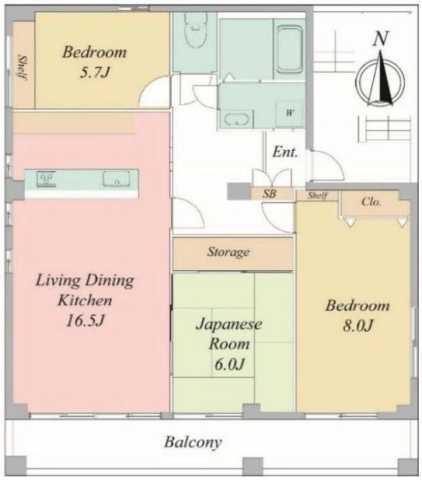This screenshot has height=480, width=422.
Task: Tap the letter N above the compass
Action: click(380, 39)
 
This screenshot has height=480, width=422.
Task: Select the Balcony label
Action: click(193, 441)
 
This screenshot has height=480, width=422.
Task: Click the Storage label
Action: click(228, 252)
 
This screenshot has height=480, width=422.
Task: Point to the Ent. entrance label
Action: click(284, 153)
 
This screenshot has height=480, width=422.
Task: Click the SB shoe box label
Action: click(269, 195)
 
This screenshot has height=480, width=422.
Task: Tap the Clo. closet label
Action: click(371, 201)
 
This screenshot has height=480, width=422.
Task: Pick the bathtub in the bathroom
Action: click(291, 47)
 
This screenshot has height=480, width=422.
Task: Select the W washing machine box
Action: click(289, 113)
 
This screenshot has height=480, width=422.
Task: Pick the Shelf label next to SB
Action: click(317, 195)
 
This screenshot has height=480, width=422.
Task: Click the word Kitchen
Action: click(84, 300)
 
